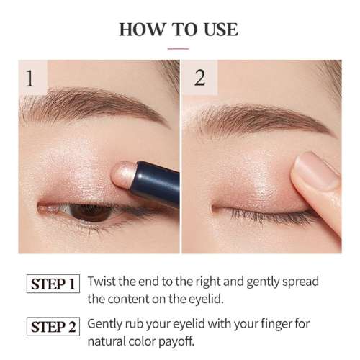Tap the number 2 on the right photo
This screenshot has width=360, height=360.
click(199, 77)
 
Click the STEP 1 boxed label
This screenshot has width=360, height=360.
click(54, 284)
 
